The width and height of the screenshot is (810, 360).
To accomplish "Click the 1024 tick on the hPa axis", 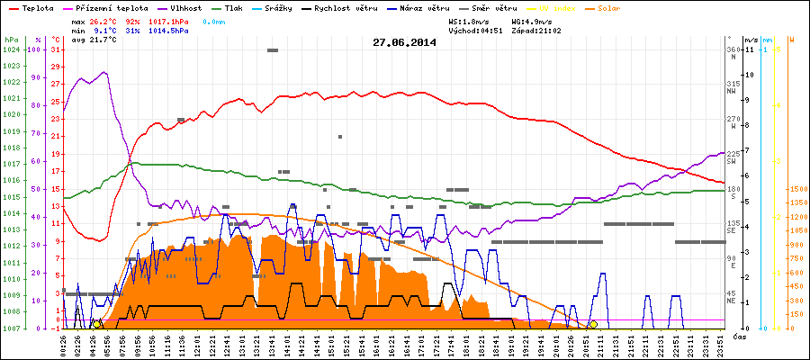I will [x=12, y=49].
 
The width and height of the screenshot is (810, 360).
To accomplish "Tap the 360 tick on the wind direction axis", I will [x=733, y=49].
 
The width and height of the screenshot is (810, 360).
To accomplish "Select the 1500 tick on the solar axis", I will [x=796, y=189].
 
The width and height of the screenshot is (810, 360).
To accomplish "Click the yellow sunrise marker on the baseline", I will [x=96, y=324].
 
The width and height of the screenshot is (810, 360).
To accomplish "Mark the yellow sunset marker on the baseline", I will [x=593, y=324].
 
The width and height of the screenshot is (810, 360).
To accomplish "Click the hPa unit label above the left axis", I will [x=11, y=40].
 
